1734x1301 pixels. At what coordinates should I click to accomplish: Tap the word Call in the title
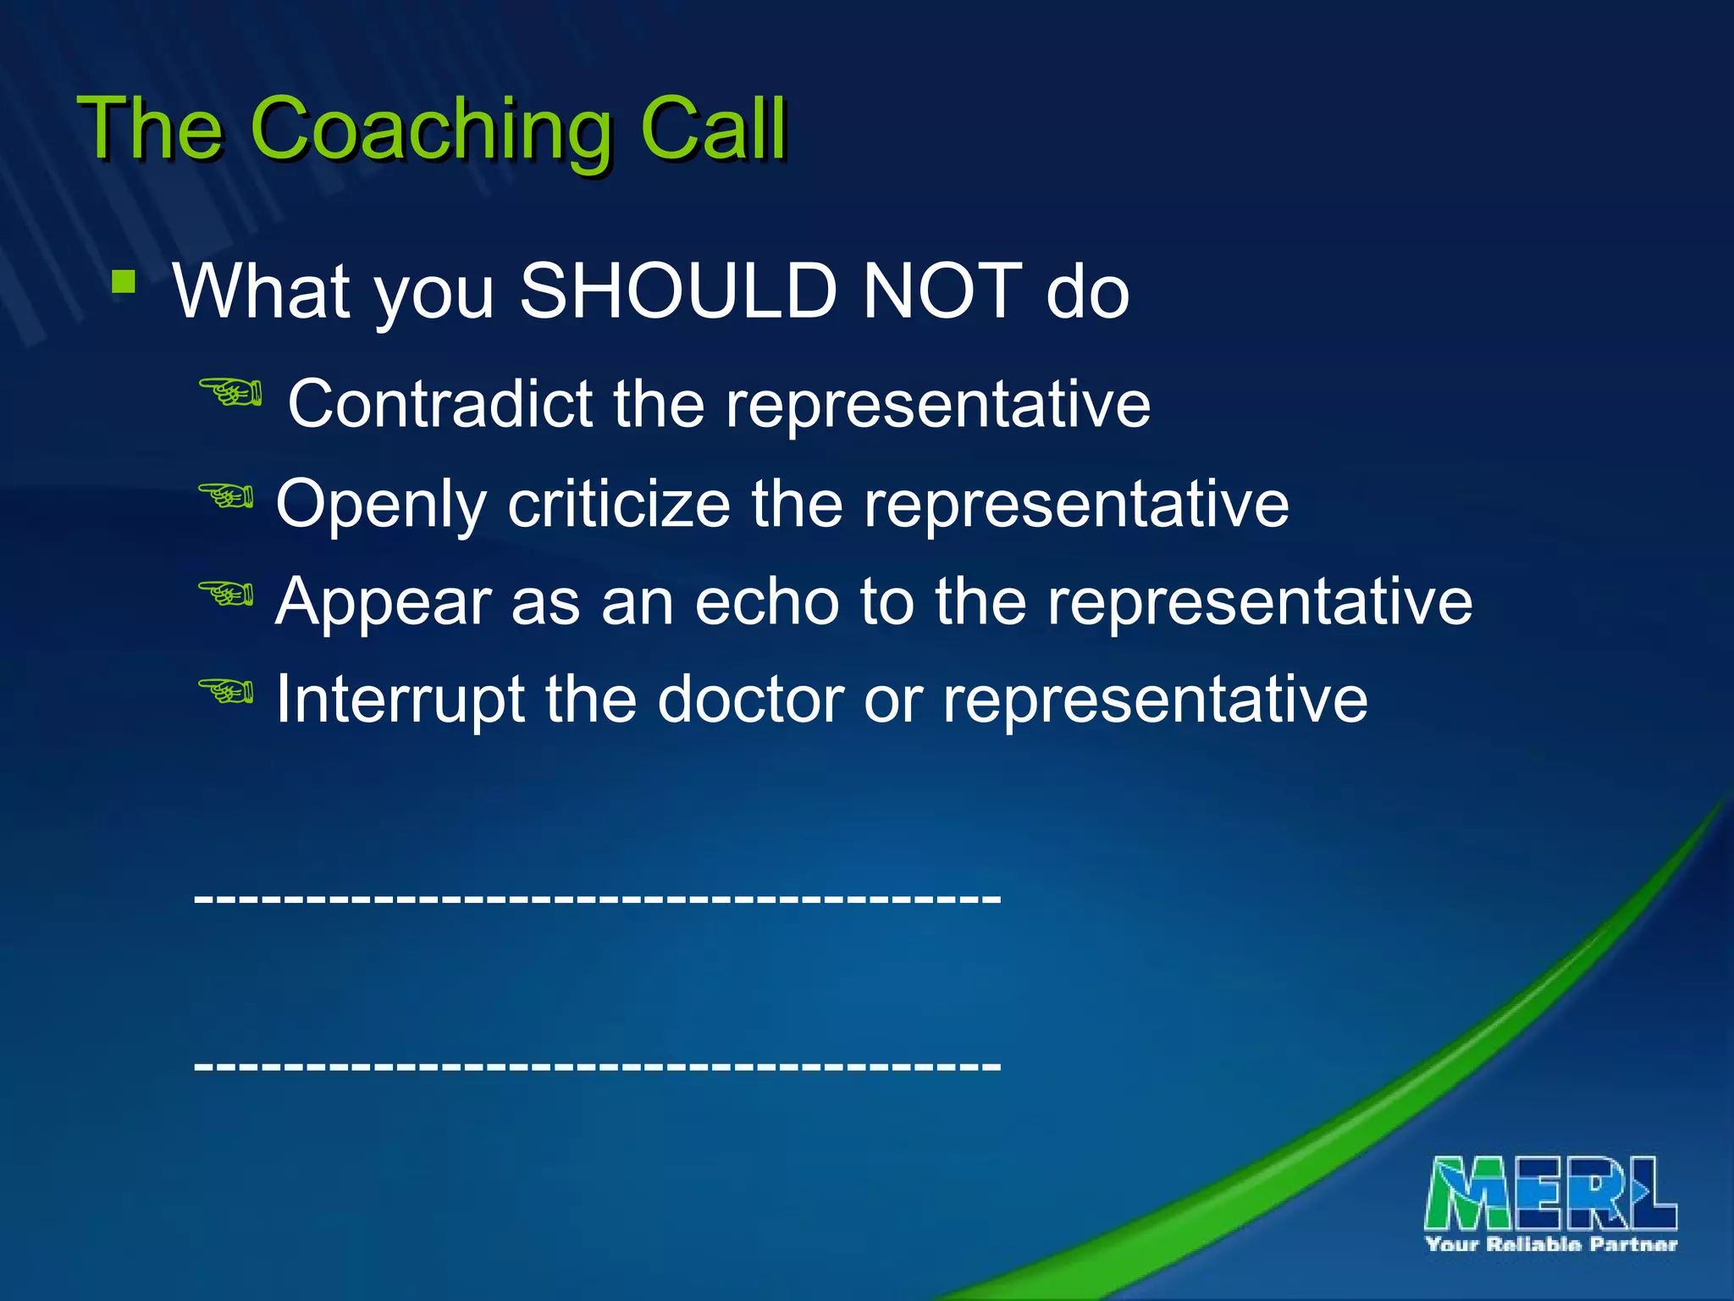click(713, 128)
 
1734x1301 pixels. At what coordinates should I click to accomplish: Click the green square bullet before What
click(124, 281)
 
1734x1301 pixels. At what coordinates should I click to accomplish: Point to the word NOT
click(942, 291)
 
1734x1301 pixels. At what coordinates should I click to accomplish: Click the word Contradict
click(440, 403)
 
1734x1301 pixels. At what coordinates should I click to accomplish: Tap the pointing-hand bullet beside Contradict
click(229, 393)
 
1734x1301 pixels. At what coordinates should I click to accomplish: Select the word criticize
click(619, 503)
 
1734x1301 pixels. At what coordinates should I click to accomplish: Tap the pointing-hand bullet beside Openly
click(226, 495)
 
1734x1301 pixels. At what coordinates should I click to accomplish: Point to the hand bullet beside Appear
click(226, 593)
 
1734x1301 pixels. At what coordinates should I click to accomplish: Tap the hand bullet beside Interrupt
click(226, 691)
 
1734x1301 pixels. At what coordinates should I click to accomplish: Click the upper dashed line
click(597, 897)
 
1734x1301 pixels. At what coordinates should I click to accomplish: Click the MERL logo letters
click(1550, 1193)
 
